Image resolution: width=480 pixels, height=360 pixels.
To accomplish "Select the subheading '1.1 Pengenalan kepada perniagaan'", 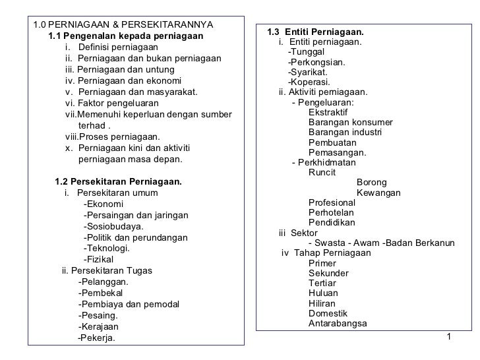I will coord(125,36).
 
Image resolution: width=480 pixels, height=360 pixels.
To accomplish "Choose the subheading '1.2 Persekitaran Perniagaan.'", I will coord(119,181).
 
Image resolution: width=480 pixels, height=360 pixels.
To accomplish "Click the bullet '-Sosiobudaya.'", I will coord(114,226).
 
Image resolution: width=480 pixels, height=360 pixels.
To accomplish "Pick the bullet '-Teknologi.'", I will coord(107,249).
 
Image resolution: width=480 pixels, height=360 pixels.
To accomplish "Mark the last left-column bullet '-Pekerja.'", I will coord(96,338).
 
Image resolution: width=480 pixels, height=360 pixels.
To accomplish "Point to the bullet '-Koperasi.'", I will coord(309,82).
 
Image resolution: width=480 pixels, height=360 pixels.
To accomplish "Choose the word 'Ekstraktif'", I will coord(328,113).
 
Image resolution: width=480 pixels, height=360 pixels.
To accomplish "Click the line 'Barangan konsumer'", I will coord(350,123).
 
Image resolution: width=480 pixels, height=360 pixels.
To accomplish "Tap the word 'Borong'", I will coord(372,183).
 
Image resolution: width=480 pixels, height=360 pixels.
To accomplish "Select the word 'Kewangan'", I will coord(378,193).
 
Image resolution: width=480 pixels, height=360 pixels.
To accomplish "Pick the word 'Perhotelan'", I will coord(331,212).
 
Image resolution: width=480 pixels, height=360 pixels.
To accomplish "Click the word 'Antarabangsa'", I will coord(338,323).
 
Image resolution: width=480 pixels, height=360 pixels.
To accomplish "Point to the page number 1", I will coord(448,338).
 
